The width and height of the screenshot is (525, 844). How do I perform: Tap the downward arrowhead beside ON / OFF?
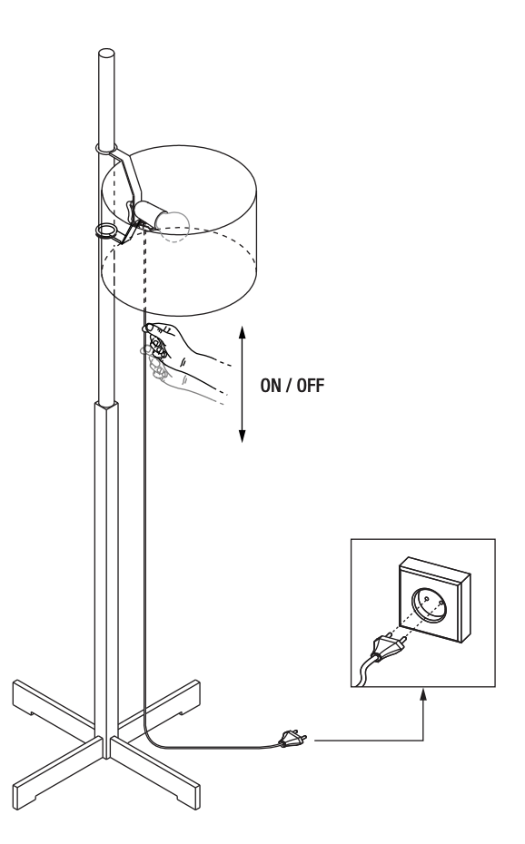(242, 437)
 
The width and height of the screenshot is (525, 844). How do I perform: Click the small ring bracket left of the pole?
(107, 231)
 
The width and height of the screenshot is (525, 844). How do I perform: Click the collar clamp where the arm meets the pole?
(107, 148)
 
